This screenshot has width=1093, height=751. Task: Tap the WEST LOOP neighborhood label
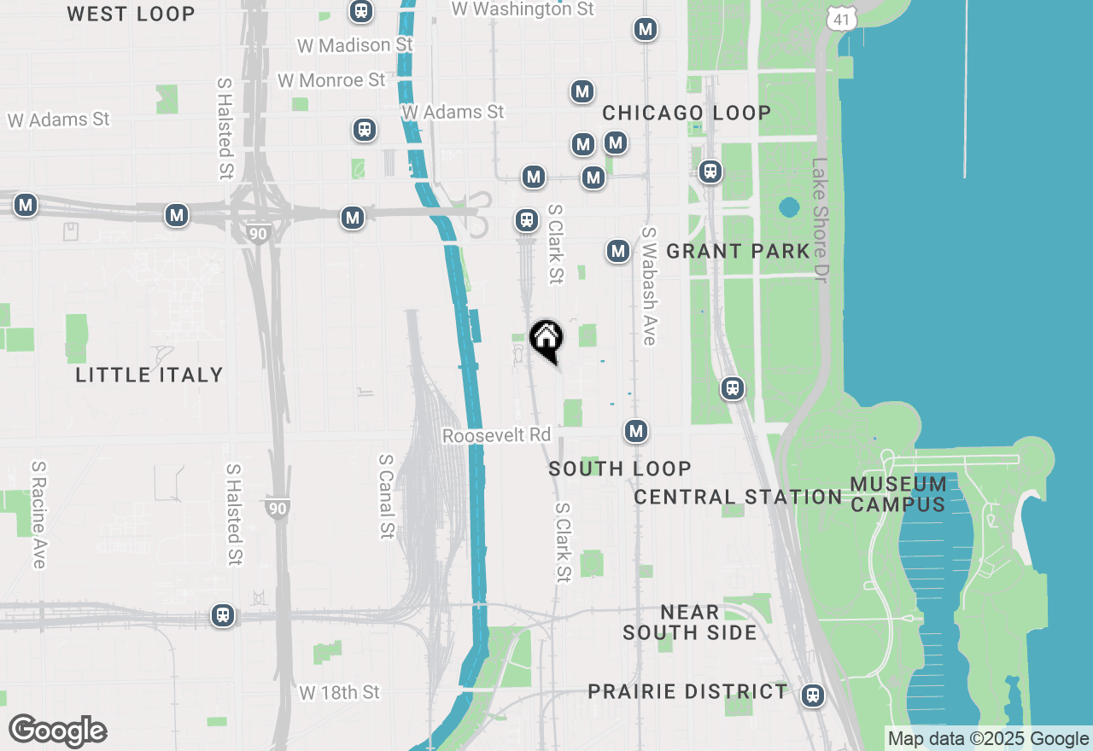(x=131, y=14)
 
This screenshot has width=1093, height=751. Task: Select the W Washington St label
(x=522, y=9)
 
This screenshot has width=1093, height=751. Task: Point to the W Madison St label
(x=354, y=44)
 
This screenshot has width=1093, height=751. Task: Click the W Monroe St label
(x=331, y=80)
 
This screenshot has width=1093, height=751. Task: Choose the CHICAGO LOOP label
(x=687, y=113)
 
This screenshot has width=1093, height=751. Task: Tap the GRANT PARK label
(x=738, y=251)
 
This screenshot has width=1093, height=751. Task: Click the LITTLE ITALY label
(x=149, y=375)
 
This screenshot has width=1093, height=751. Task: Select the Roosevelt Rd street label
(x=496, y=435)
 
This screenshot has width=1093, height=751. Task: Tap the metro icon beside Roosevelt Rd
(x=635, y=432)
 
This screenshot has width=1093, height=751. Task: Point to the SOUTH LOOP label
(x=620, y=469)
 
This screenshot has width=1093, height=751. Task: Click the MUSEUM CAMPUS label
(x=897, y=494)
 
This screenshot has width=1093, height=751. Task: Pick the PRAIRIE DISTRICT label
(x=687, y=691)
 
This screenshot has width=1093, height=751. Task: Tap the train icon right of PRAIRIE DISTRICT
(x=813, y=696)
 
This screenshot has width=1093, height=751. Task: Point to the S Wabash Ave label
(x=649, y=286)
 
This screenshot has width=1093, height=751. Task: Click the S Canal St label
(x=386, y=496)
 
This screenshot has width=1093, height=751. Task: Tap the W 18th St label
(x=339, y=692)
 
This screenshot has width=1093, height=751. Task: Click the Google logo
(x=58, y=731)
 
